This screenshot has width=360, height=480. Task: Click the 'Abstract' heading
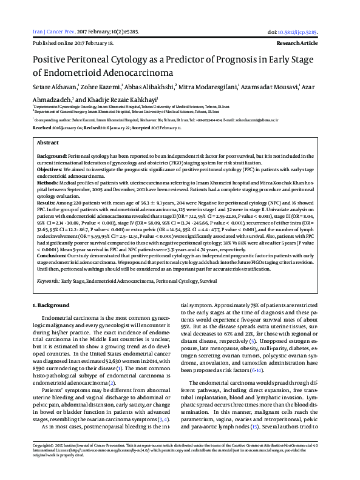[x=48, y=142]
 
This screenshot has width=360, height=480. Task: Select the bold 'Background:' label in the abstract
[x=52, y=156]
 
